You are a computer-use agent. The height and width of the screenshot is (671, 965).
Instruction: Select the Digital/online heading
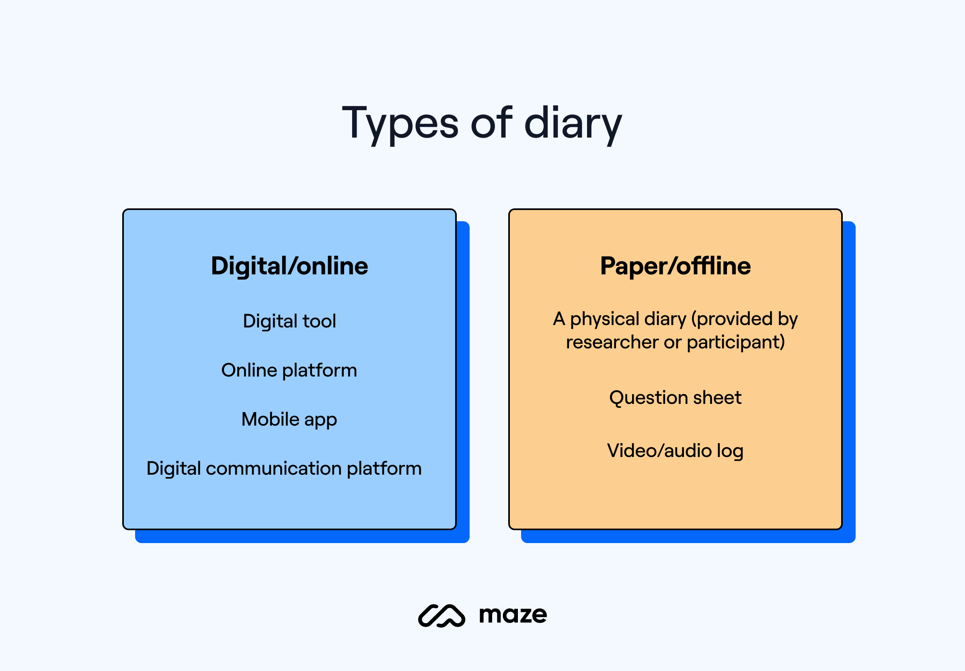pos(289,266)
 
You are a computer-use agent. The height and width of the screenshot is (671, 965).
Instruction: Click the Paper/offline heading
pos(675,266)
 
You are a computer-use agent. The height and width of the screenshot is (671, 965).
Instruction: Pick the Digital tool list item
pos(289,321)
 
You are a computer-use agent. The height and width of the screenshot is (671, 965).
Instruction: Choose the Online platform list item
pos(289,370)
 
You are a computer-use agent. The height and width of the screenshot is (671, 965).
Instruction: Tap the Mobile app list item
pos(289,420)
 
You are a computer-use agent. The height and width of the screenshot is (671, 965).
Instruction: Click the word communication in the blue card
pos(273,468)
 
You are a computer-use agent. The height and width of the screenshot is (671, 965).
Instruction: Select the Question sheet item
pos(675,398)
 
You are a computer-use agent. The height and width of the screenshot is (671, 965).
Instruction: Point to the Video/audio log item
pos(675,451)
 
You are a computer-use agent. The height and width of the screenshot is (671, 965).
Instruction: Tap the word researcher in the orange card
pos(612,342)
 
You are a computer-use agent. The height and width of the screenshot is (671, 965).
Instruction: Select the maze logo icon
pos(441,616)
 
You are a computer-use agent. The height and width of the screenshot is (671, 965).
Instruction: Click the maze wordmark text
pos(513,615)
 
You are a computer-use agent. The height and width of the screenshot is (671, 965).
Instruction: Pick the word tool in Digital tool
pos(319,321)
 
